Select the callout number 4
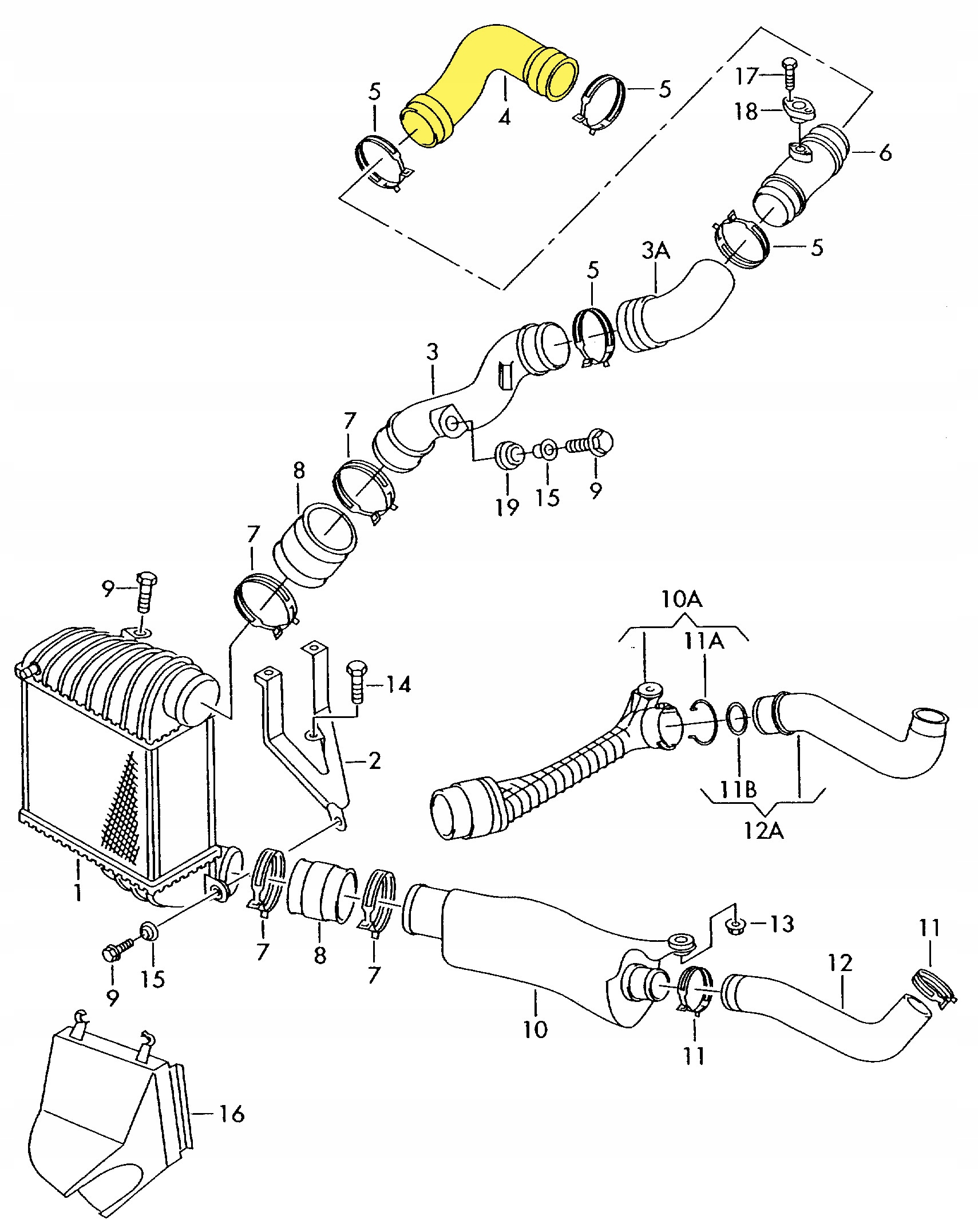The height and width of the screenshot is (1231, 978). pyautogui.click(x=504, y=117)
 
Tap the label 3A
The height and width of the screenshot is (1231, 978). pyautogui.click(x=656, y=250)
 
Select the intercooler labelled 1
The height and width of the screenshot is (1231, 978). pyautogui.click(x=114, y=762)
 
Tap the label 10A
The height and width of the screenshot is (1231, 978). pyautogui.click(x=682, y=599)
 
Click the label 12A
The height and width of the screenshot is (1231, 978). pyautogui.click(x=763, y=830)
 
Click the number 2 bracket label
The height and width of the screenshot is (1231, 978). pyautogui.click(x=374, y=761)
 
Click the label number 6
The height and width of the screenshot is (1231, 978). pyautogui.click(x=885, y=153)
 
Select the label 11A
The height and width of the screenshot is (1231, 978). pyautogui.click(x=704, y=641)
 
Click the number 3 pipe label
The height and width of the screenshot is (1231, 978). pyautogui.click(x=432, y=352)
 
